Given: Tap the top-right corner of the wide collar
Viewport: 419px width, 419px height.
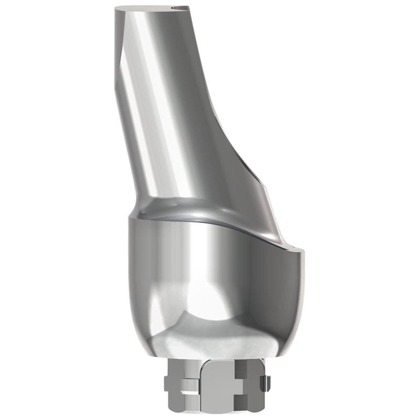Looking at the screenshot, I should coord(302,252).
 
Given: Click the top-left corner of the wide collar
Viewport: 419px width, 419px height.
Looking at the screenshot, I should coord(129,219).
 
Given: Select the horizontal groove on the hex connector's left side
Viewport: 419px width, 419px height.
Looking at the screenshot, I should coord(181,389).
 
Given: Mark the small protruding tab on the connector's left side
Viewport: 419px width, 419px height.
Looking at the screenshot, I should coord(166,388).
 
